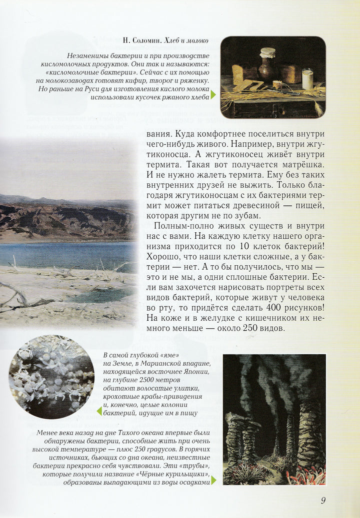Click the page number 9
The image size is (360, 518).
coord(323,500)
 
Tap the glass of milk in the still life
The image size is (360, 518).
coord(307,79)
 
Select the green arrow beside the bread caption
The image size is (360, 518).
coord(213,94)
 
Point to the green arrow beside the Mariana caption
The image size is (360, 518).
coord(99,411)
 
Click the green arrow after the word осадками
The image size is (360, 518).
coord(214,480)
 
